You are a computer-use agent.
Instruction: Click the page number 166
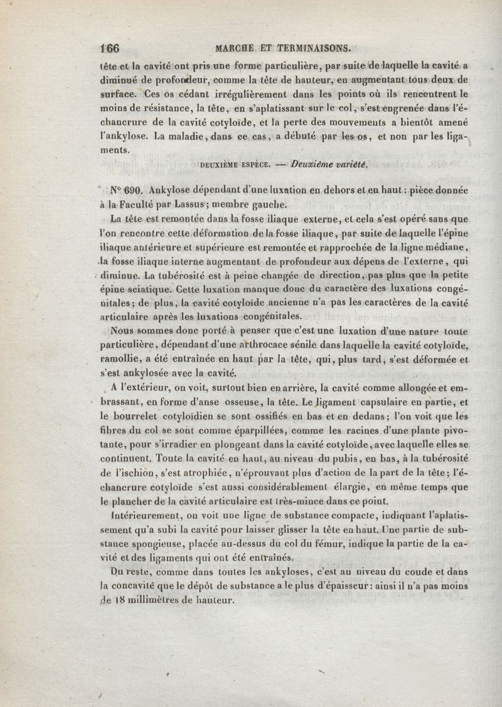point(110,48)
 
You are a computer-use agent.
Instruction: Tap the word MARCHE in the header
point(233,48)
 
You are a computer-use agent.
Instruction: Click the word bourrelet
point(141,415)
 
